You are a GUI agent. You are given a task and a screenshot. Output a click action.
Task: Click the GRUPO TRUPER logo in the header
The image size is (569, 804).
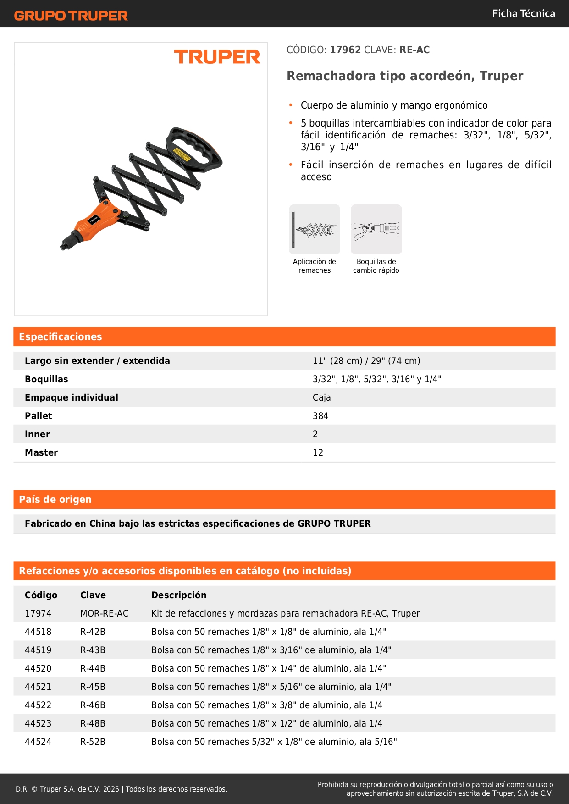click(x=71, y=16)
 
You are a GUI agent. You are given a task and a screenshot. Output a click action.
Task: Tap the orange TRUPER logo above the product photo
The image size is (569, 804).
click(x=217, y=57)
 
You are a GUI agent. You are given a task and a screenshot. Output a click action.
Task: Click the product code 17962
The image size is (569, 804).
click(x=345, y=50)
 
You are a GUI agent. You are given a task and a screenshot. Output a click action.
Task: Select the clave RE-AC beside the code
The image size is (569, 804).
click(x=414, y=50)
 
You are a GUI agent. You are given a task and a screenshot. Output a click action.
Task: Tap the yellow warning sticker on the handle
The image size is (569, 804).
click(x=182, y=155)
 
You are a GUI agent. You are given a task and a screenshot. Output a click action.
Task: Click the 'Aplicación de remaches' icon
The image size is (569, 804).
click(x=315, y=229)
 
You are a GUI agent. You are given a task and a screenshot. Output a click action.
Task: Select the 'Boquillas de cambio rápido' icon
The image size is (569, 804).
click(x=376, y=229)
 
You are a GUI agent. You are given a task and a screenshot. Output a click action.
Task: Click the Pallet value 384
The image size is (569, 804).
click(x=320, y=416)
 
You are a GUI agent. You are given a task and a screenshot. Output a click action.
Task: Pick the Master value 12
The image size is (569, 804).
click(x=318, y=452)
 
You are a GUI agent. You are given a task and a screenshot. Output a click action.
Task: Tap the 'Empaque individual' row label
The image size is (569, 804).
click(x=72, y=397)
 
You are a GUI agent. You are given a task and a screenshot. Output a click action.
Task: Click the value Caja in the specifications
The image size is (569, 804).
click(x=321, y=397)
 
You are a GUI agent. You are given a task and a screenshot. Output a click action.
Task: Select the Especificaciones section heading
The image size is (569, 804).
click(x=61, y=336)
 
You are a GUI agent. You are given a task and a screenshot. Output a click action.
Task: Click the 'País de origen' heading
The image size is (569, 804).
click(x=55, y=499)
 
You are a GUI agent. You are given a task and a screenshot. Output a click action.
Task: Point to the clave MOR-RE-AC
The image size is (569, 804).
click(x=104, y=613)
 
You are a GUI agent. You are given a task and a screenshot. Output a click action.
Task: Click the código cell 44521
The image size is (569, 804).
click(x=38, y=687)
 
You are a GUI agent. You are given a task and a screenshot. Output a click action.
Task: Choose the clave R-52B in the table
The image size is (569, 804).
click(x=93, y=742)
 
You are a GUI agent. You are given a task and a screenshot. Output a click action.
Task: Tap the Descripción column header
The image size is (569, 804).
click(x=179, y=595)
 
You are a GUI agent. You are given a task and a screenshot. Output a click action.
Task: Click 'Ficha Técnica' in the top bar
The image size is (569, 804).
click(x=523, y=13)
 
